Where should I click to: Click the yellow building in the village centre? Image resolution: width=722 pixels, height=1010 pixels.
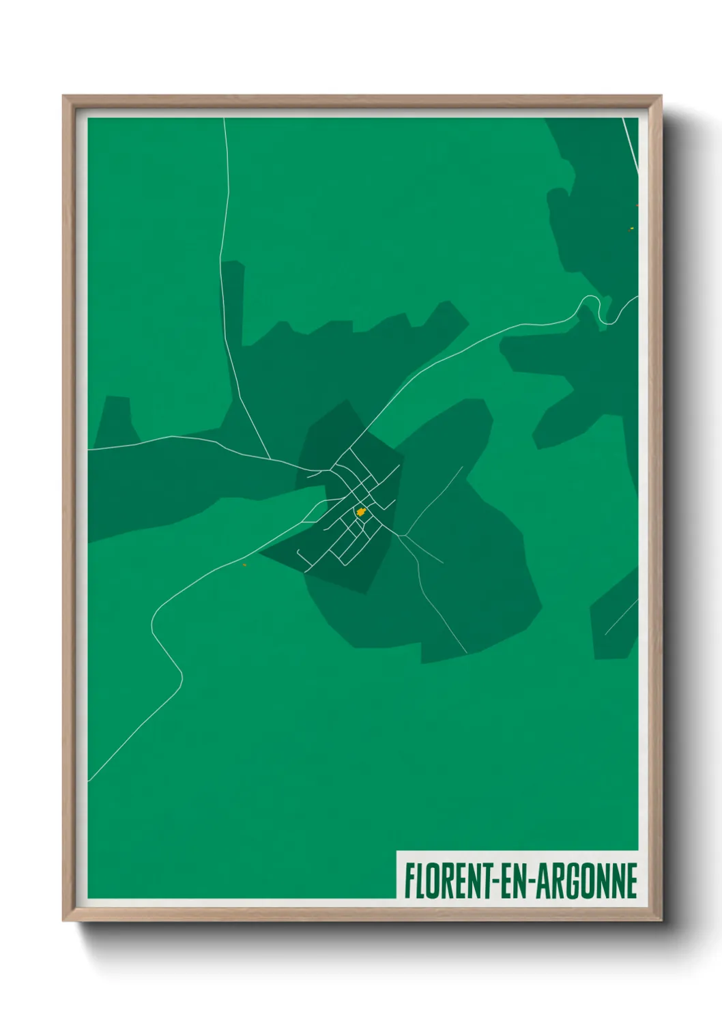360,511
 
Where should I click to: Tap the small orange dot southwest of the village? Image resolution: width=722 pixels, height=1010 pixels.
244,564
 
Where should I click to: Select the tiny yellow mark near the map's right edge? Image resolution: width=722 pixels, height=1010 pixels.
631,229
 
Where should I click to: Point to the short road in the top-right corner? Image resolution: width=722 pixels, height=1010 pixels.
631,145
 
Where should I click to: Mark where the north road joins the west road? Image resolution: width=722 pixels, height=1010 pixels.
270,458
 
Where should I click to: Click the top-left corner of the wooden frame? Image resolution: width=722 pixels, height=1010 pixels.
66,98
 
